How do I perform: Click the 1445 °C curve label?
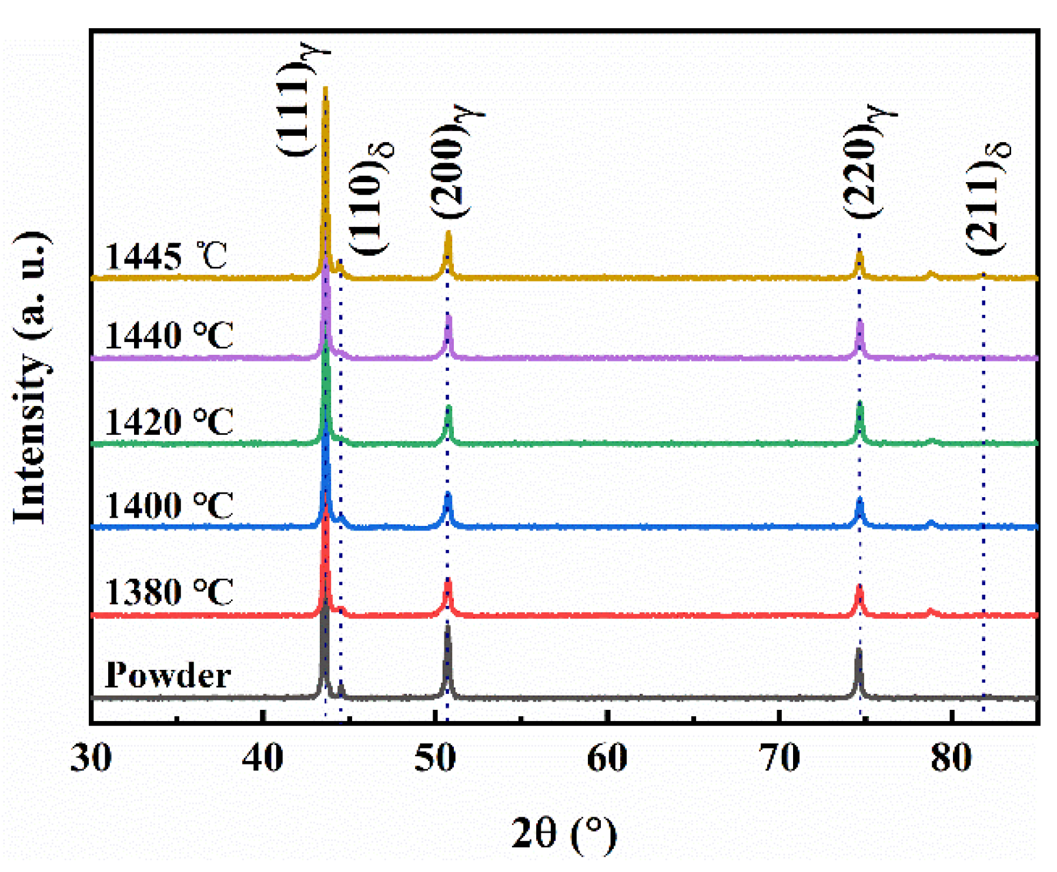pyautogui.click(x=166, y=256)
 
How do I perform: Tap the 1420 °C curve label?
pyautogui.click(x=169, y=421)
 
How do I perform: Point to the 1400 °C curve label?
pyautogui.click(x=169, y=505)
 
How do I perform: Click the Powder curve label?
pyautogui.click(x=168, y=675)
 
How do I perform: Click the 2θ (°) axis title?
pyautogui.click(x=564, y=833)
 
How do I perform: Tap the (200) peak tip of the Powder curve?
pyautogui.click(x=447, y=628)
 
